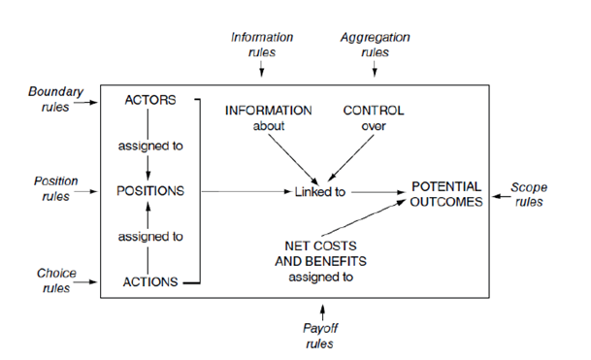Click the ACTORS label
click(150, 100)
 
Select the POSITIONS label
click(150, 191)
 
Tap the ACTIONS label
click(150, 281)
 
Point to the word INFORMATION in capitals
click(269, 111)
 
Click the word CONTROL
click(374, 111)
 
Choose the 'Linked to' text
click(320, 192)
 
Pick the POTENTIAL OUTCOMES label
click(446, 194)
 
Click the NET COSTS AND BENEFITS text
click(321, 253)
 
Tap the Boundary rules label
click(55, 99)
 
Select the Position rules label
click(55, 188)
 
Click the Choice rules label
click(56, 280)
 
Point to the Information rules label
click(262, 45)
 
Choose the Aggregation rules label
click(375, 45)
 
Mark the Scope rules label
click(529, 194)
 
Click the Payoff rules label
click(320, 336)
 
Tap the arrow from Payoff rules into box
click(322, 312)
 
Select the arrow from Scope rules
click(502, 196)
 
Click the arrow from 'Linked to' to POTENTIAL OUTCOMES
click(378, 192)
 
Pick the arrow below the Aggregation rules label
click(375, 69)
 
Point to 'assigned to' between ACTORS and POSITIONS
click(150, 146)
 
